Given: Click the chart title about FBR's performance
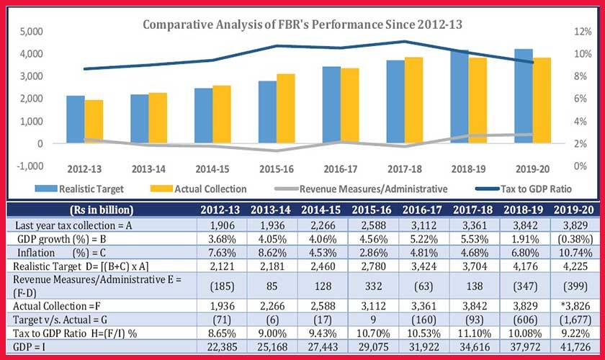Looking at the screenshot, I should pos(302,24).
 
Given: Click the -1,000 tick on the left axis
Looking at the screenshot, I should pos(29,166).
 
